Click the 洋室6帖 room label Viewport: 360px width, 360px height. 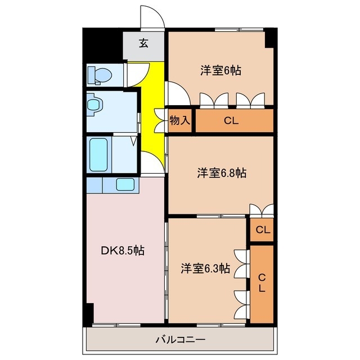(221, 71)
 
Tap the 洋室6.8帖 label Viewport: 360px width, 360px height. (221, 173)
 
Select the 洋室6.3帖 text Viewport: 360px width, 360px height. (205, 268)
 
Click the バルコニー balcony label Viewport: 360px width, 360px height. (180, 340)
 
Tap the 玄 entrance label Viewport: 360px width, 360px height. (144, 43)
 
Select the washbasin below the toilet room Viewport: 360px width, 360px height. (95, 105)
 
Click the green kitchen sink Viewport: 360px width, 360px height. (125, 184)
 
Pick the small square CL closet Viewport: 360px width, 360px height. (262, 229)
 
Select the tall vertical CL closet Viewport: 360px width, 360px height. (262, 283)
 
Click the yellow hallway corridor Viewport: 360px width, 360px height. (151, 107)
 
